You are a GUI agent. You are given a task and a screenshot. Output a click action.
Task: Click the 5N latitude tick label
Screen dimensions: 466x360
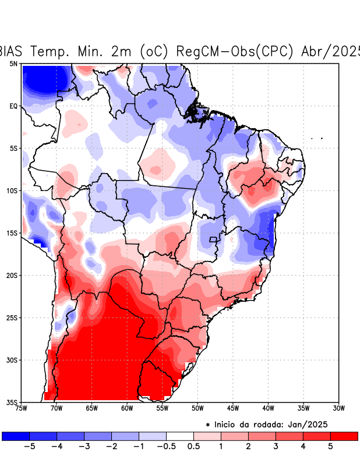(13, 63)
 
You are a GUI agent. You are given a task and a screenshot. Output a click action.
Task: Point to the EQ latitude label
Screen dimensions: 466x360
(13, 106)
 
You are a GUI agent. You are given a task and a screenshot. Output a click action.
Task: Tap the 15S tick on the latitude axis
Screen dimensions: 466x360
(12, 233)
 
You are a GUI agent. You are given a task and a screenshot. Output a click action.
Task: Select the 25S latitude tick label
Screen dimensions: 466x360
(12, 317)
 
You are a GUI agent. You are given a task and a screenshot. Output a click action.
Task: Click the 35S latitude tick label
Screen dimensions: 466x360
(12, 402)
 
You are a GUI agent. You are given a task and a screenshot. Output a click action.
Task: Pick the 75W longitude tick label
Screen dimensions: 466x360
(21, 408)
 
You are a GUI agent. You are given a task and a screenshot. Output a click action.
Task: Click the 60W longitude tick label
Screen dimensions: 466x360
(127, 408)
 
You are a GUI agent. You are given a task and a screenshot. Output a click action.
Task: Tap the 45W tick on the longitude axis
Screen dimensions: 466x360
(233, 408)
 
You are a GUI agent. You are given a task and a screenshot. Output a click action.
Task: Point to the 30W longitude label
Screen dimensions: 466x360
(338, 408)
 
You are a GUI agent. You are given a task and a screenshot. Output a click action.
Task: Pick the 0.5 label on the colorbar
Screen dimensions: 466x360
(193, 446)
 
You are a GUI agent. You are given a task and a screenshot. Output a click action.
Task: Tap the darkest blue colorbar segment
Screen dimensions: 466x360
(15, 436)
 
